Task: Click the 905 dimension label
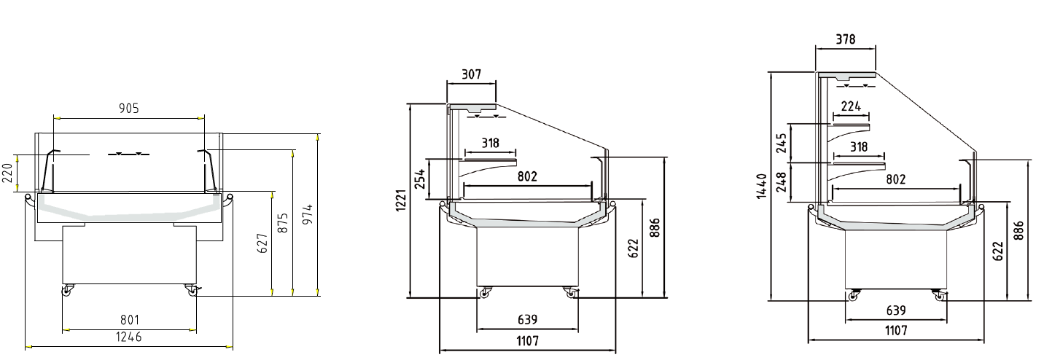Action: (x=128, y=109)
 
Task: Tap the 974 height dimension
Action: (x=308, y=215)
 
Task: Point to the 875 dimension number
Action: (x=283, y=223)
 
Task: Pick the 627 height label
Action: (x=263, y=243)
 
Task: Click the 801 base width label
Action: (x=130, y=320)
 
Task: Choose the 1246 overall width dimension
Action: (x=128, y=337)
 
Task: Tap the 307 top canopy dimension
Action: (x=471, y=74)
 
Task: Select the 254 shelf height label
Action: (x=420, y=179)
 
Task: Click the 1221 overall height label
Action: (x=401, y=200)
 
